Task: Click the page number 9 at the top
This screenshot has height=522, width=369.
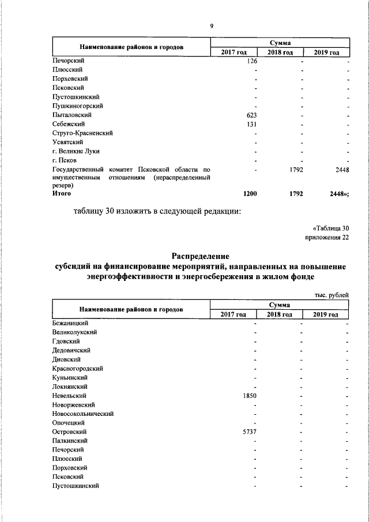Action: [212, 25]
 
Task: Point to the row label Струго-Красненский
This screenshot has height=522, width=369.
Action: [82, 133]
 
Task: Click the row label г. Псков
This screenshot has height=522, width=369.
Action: [64, 160]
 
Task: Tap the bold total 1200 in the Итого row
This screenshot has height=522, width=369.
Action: [250, 194]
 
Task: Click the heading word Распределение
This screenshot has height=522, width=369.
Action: [200, 256]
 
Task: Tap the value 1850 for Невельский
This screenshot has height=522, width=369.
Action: [249, 396]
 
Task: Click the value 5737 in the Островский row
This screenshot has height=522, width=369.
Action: [249, 431]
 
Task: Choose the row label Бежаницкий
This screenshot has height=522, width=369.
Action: [70, 324]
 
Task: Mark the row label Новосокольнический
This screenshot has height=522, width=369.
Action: [82, 414]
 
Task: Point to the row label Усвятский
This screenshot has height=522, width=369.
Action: [68, 142]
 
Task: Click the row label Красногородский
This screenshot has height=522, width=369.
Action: [77, 368]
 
